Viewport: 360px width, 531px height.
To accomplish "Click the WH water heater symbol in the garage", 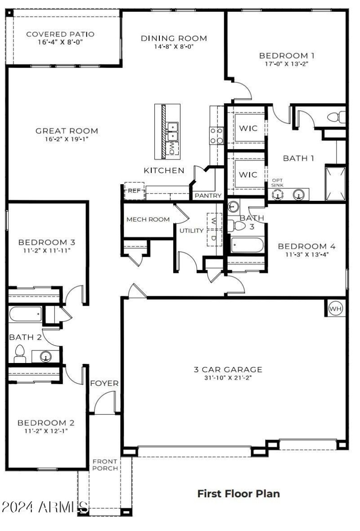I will point(335,309).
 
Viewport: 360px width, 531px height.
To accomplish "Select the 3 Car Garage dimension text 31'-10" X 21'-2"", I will point(228,378).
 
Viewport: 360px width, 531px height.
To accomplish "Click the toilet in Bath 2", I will point(20,354).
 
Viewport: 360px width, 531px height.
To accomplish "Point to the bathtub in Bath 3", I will point(247,245).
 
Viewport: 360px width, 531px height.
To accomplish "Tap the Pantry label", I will point(208,196).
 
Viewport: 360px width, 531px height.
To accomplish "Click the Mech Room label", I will point(148,219).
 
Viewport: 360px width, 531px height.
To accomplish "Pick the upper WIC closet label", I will point(248,128).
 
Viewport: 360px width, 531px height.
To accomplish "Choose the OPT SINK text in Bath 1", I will point(277,183).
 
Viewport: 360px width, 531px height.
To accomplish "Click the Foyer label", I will point(104,384).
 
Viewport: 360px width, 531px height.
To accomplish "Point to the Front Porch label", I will point(105,465).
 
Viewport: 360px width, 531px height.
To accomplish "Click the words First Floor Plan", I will point(238,494).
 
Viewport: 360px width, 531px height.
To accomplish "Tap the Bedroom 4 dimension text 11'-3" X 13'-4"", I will point(307,254).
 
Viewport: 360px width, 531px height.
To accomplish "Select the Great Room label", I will point(67,131).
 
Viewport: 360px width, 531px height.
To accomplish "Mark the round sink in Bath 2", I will point(45,357).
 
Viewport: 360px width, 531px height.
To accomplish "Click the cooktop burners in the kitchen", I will point(216,135).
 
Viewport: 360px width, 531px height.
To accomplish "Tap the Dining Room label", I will point(174,38).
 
